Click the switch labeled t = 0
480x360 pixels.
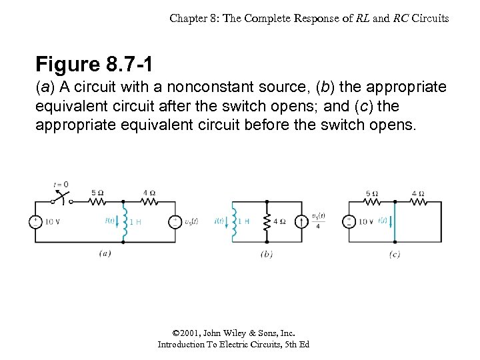[62, 196]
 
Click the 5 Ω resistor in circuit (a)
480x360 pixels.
[97, 201]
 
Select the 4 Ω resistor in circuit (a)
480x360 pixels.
[149, 201]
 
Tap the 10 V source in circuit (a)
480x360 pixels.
[35, 222]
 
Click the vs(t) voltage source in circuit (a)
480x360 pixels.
[175, 222]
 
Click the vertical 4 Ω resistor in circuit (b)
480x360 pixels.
[267, 221]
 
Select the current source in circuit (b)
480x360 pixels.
[301, 221]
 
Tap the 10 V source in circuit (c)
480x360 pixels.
[349, 222]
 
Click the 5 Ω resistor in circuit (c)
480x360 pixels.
[372, 201]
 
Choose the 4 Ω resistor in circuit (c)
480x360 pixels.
[418, 201]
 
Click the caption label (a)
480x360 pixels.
[105, 253]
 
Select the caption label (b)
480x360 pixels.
[267, 254]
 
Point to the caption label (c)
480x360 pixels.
[395, 254]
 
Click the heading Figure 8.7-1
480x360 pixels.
[95, 65]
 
